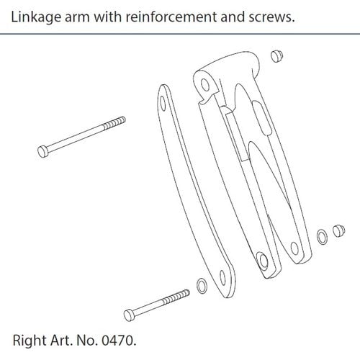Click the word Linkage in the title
36,17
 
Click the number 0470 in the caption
117,341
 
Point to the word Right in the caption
30,341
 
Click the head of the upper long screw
43,151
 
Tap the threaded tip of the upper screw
114,122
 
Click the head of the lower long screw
130,315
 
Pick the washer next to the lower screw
202,286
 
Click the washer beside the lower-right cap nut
322,237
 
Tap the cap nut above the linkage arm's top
276,56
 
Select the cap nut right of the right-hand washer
338,231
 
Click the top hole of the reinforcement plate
163,104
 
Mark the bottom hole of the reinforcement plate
223,278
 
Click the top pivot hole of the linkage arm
205,84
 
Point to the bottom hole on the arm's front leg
263,260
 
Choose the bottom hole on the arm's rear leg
294,248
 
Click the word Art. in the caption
61,341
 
